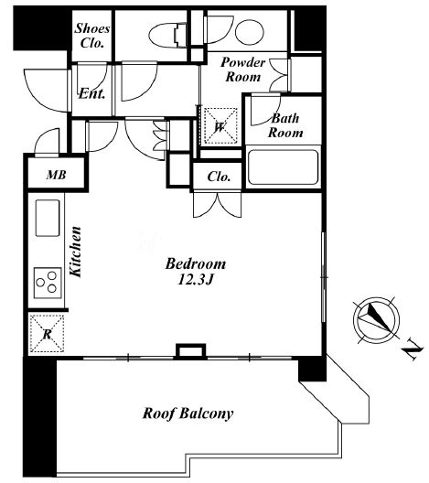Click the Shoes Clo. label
tap(92, 36)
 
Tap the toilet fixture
tap(168, 35)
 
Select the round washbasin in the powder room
tap(250, 32)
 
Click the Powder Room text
tap(242, 70)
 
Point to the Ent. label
tap(91, 93)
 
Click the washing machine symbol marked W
tap(220, 125)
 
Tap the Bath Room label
tap(285, 125)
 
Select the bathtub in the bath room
tap(283, 167)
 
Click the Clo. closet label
tap(219, 177)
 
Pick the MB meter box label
tap(56, 175)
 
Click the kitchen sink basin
tap(48, 218)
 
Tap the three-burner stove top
tap(48, 283)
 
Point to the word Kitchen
tap(75, 252)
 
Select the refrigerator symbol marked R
tap(48, 333)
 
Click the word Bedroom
tap(196, 264)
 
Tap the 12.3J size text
tap(196, 280)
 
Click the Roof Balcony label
tap(188, 413)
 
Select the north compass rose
tap(376, 320)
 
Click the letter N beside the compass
tap(413, 349)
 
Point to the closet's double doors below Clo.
tap(217, 205)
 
